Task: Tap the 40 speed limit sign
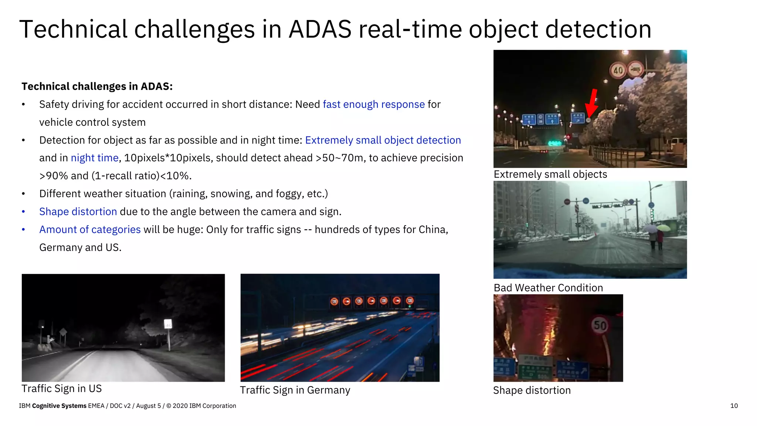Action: click(618, 70)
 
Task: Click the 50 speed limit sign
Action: click(600, 325)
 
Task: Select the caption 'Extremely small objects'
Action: click(550, 174)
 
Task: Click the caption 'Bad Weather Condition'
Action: click(548, 288)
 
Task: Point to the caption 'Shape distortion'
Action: click(532, 390)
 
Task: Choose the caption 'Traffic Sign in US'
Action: click(61, 389)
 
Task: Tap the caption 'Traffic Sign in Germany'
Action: click(295, 390)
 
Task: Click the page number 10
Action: click(734, 406)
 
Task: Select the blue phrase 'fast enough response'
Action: click(373, 104)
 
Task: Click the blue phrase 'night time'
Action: click(95, 158)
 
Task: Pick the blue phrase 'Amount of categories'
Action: click(90, 230)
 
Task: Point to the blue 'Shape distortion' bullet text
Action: click(78, 212)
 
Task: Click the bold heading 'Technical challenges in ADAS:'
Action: click(97, 87)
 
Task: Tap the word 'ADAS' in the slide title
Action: click(320, 29)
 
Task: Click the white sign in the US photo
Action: click(168, 324)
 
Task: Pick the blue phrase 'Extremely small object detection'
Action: click(383, 140)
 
